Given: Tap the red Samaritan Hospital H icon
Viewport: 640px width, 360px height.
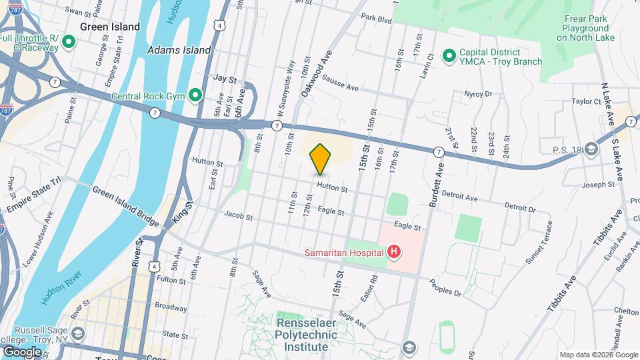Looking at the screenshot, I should (394, 252).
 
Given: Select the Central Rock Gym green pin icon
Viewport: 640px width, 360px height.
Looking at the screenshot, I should (195, 95).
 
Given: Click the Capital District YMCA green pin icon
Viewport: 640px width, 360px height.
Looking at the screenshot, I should (449, 55).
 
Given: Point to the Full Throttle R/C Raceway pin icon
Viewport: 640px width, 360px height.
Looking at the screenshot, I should (67, 43).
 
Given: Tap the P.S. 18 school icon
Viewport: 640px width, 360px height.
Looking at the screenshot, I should (591, 149).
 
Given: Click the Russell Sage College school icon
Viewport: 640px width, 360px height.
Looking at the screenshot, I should (78, 333).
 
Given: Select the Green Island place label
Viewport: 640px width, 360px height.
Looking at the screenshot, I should (110, 27).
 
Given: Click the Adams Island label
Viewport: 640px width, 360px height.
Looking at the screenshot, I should (179, 50).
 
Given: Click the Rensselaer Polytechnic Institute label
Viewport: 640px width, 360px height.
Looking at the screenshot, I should (303, 335).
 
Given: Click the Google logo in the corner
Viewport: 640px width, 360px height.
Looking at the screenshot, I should (22, 351).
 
